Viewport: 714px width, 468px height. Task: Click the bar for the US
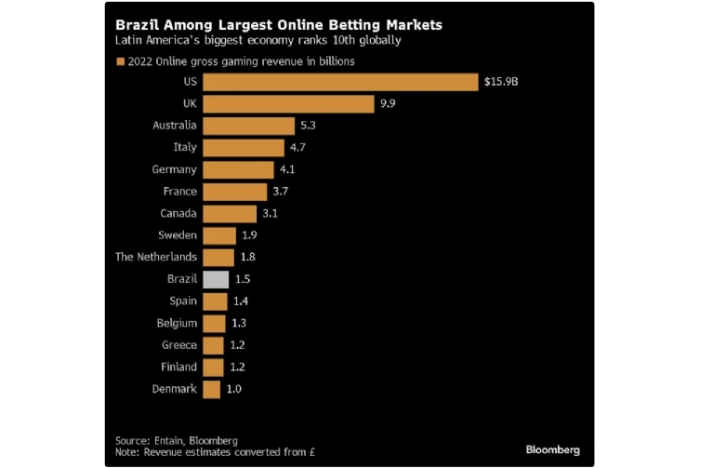(339, 82)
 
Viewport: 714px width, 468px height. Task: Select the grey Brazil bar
(216, 279)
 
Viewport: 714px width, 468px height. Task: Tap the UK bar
(288, 103)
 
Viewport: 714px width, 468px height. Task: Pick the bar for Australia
(247, 126)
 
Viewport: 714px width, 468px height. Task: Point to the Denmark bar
(211, 389)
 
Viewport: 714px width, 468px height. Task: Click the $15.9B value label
(501, 82)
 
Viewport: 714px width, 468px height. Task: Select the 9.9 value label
(389, 103)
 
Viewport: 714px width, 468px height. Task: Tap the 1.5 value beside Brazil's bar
(244, 279)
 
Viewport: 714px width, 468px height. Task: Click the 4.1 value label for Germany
(289, 169)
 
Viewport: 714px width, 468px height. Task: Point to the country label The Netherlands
(156, 257)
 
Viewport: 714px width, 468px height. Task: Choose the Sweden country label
(178, 235)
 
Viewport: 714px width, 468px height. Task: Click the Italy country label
(185, 147)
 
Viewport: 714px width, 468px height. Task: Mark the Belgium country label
(177, 323)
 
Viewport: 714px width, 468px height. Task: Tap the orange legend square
(121, 61)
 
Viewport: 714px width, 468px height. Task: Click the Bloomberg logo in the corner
(552, 449)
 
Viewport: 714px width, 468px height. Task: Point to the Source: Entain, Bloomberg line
(177, 440)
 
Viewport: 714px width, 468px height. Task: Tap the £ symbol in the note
(315, 452)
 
